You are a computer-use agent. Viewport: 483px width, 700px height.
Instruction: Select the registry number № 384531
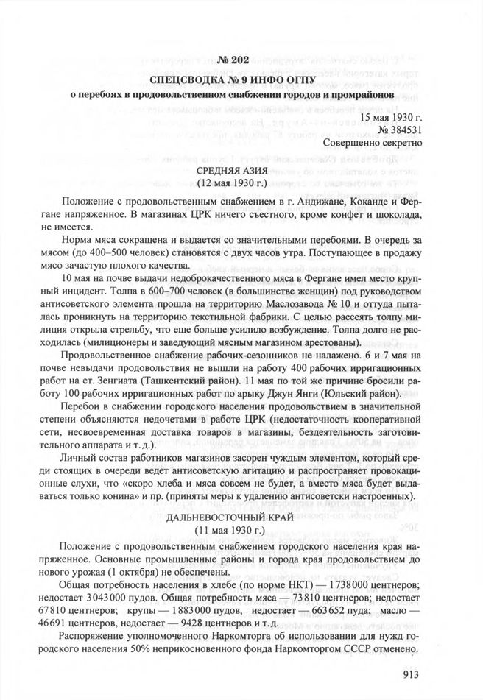coord(398,130)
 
